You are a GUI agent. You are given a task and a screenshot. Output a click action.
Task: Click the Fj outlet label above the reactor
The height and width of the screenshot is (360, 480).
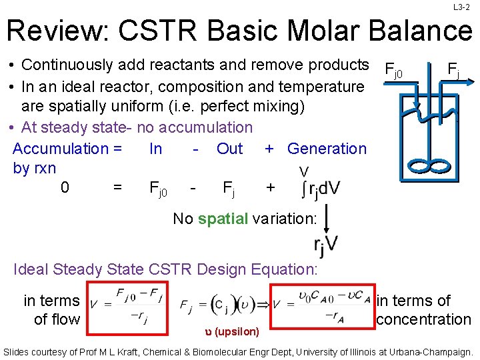(453, 68)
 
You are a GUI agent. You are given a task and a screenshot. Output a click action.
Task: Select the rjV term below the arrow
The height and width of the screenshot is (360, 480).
(326, 245)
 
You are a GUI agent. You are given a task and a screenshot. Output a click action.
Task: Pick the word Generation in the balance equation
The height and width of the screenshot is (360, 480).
(327, 149)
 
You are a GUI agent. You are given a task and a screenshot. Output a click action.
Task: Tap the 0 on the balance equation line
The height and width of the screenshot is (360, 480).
(65, 188)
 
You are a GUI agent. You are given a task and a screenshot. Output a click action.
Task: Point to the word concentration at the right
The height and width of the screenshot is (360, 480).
(423, 319)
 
